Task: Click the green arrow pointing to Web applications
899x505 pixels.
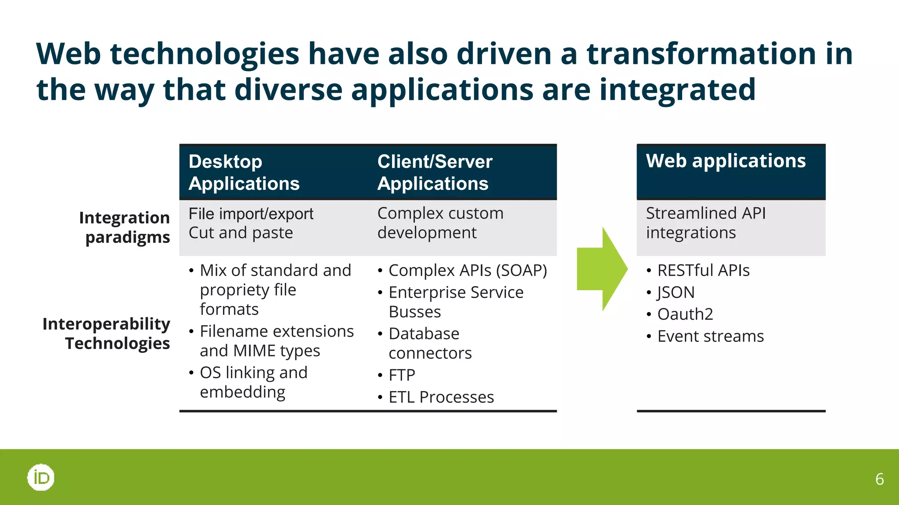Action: tap(601, 269)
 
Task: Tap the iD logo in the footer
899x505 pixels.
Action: tap(41, 477)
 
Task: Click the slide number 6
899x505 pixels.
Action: tap(879, 479)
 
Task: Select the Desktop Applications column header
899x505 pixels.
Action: tap(244, 172)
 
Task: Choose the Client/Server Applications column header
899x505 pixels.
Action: tap(434, 172)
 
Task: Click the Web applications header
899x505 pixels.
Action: tap(726, 161)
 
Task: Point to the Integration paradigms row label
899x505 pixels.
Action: tap(125, 227)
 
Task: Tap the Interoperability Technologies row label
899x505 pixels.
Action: tap(107, 333)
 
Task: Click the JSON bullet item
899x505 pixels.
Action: tap(676, 292)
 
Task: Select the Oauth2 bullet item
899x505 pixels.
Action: tap(685, 314)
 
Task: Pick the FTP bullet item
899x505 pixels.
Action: tap(402, 375)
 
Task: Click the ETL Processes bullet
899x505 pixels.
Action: tap(441, 397)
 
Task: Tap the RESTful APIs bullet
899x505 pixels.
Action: tap(703, 270)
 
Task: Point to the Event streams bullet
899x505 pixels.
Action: tap(710, 336)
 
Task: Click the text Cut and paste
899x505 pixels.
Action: tap(241, 233)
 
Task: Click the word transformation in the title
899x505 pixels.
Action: tap(701, 53)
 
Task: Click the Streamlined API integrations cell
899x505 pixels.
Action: tap(706, 223)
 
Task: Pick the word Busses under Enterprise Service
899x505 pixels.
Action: tap(415, 312)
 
